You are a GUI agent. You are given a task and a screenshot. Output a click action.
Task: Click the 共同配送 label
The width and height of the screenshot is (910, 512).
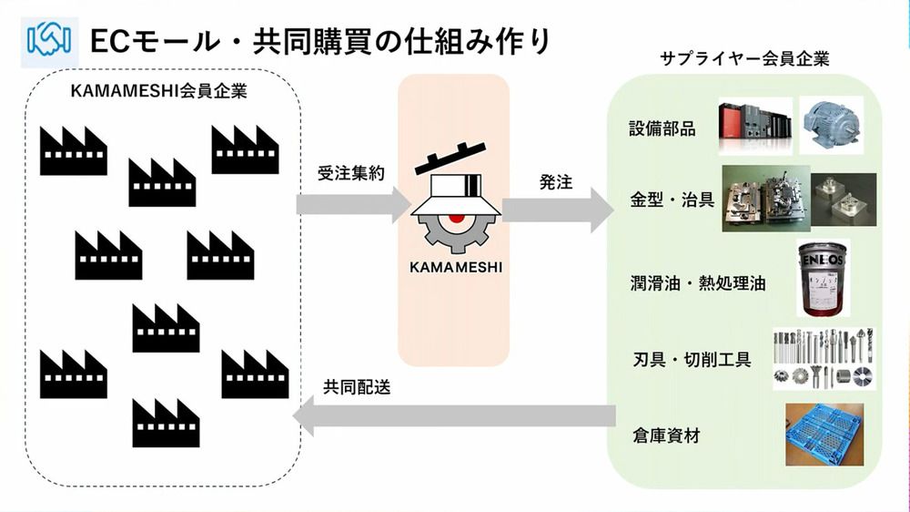click(x=357, y=386)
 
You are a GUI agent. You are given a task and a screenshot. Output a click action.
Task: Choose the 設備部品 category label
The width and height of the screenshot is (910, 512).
click(x=662, y=128)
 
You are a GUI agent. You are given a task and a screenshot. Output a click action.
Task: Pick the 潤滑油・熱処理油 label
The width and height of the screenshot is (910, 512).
click(x=697, y=283)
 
